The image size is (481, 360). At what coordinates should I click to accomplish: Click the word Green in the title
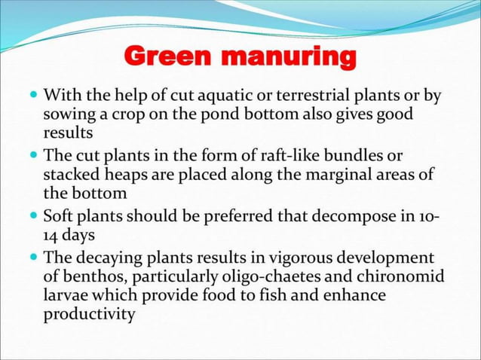[x=165, y=56]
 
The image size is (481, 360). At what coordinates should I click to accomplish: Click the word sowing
[x=68, y=116]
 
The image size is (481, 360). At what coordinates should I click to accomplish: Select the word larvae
[x=65, y=294]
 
